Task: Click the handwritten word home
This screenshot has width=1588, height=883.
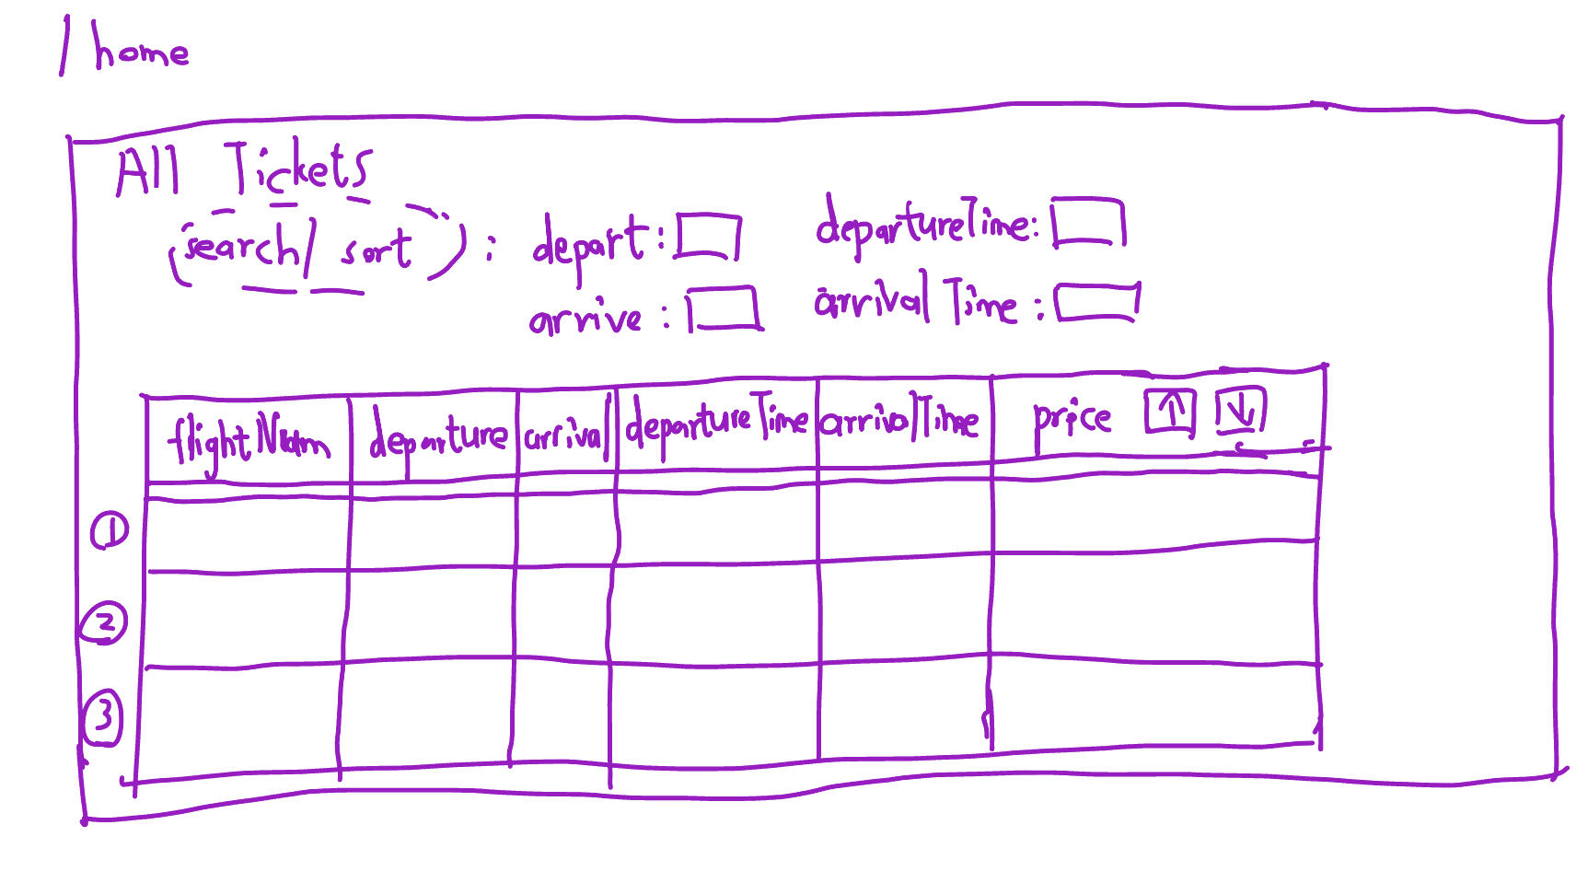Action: click(x=140, y=50)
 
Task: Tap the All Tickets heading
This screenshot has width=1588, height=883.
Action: click(x=244, y=171)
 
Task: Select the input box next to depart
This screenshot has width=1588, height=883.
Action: click(x=708, y=238)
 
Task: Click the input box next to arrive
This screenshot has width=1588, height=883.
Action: click(x=724, y=308)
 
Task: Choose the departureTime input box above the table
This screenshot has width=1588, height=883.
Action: click(x=1088, y=223)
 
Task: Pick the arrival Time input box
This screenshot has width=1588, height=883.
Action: click(x=1096, y=303)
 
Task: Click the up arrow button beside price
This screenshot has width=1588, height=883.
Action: click(x=1170, y=412)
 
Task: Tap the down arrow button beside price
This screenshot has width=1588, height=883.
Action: click(x=1240, y=411)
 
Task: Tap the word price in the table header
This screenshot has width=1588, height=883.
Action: click(x=1072, y=420)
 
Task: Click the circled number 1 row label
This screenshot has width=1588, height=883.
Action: click(x=110, y=531)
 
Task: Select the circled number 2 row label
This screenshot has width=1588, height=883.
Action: click(x=105, y=623)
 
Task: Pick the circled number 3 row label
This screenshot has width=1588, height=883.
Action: click(x=102, y=716)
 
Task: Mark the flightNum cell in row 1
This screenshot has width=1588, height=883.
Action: click(x=247, y=534)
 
